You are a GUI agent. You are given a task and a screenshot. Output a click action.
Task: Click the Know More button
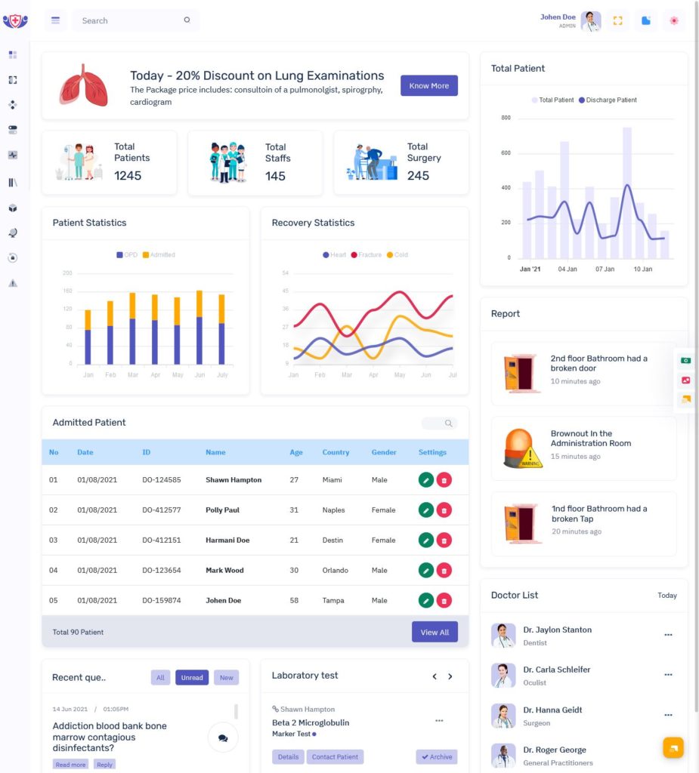[x=428, y=86]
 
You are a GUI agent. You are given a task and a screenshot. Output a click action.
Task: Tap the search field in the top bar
[x=128, y=20]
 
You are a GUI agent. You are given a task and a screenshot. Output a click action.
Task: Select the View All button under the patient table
[x=435, y=632]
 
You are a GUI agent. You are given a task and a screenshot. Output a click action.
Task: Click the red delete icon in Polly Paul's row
[x=444, y=510]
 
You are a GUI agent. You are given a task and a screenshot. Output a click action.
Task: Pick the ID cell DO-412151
[x=162, y=540]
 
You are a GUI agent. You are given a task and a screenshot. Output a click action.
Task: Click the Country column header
[x=336, y=452]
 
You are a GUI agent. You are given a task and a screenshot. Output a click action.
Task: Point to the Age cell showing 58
[x=294, y=601]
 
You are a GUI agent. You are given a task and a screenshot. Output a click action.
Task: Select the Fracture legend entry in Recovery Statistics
[x=365, y=255]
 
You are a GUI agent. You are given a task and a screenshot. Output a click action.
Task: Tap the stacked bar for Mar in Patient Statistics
[x=132, y=328]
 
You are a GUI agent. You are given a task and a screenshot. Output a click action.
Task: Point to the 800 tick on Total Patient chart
[x=506, y=118]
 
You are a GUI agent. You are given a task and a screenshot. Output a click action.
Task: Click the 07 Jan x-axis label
[x=604, y=269]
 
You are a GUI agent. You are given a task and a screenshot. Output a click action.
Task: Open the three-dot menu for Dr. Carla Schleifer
[x=668, y=675]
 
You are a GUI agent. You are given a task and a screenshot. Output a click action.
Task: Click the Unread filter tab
[x=192, y=678]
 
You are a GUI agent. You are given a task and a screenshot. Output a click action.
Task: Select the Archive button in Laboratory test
[x=437, y=756]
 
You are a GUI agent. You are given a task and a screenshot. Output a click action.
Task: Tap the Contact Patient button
[x=335, y=756]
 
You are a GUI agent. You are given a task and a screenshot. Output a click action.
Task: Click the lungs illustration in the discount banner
[x=84, y=85]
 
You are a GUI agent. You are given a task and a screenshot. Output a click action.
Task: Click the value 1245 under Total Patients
[x=128, y=176]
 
